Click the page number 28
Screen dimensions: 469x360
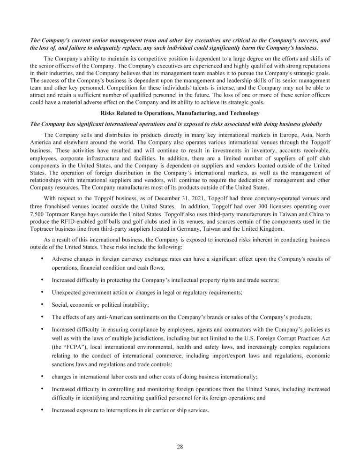(x=180, y=446)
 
